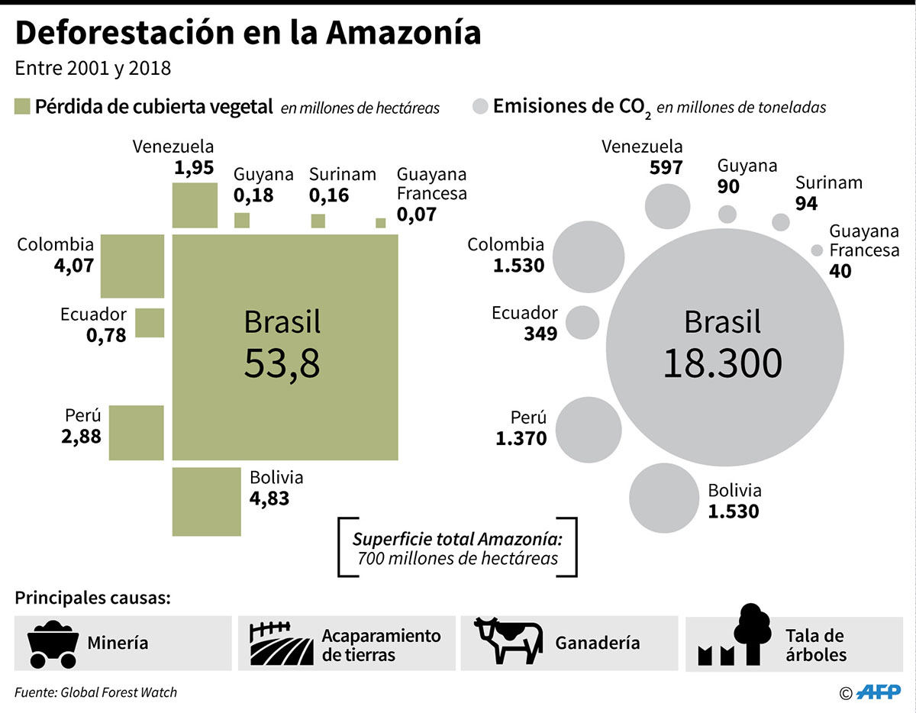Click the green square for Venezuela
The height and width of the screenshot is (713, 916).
tap(195, 205)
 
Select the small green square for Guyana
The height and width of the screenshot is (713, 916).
tap(242, 221)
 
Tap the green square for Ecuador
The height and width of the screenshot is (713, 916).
tap(150, 323)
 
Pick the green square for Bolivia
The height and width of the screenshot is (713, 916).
tap(207, 502)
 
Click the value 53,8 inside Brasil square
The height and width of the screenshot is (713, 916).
tap(282, 364)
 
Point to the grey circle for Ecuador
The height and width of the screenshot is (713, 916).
tap(584, 322)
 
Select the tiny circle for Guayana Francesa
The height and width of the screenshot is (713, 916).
tap(818, 250)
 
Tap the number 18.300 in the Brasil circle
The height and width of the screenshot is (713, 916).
tap(722, 363)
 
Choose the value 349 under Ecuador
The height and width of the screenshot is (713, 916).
tap(540, 334)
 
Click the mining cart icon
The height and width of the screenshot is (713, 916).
tap(52, 644)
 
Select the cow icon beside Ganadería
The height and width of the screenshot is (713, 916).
tap(508, 640)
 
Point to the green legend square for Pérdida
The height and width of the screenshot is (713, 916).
tap(21, 106)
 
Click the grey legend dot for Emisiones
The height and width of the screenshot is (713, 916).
tap(480, 106)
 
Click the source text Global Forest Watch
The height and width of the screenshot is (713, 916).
tap(118, 692)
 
